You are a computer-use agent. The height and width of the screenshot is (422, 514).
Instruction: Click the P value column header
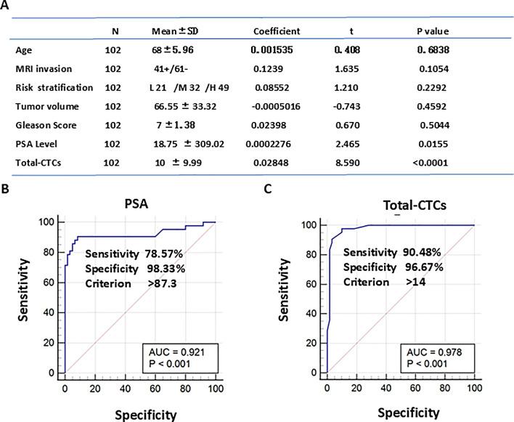click(x=430, y=31)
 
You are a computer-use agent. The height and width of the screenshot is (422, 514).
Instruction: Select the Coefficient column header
click(x=277, y=31)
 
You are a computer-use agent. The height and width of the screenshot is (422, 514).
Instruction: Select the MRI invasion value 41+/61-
click(x=171, y=70)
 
